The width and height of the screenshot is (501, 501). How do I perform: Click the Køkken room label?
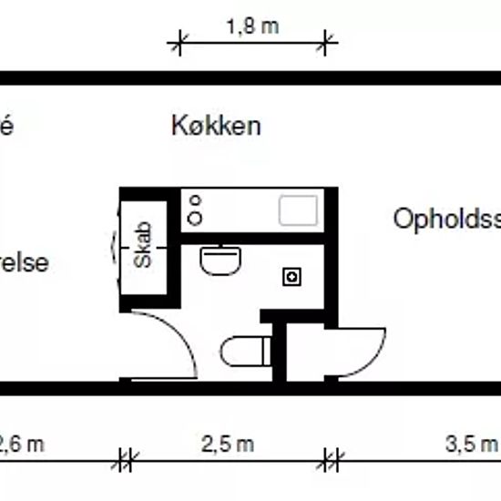click(x=216, y=126)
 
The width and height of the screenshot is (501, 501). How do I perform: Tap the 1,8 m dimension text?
click(x=252, y=27)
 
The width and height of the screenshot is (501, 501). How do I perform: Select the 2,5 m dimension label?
click(x=228, y=445)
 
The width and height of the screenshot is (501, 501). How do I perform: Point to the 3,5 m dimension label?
click(x=472, y=445)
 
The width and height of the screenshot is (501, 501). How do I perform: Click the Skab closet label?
click(x=144, y=246)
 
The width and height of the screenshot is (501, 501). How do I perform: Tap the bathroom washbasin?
click(x=220, y=261)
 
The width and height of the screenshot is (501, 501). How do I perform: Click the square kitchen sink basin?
click(x=299, y=210)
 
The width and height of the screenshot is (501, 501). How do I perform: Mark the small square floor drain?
click(x=292, y=275)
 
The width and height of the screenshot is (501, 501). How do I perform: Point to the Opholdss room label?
click(x=447, y=220)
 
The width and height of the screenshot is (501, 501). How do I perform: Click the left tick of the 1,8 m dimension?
click(x=179, y=40)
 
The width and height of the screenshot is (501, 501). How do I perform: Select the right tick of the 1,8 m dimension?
click(x=327, y=40)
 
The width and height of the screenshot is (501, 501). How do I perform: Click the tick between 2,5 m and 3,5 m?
click(x=332, y=460)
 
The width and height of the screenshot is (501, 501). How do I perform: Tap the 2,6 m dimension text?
click(x=20, y=445)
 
